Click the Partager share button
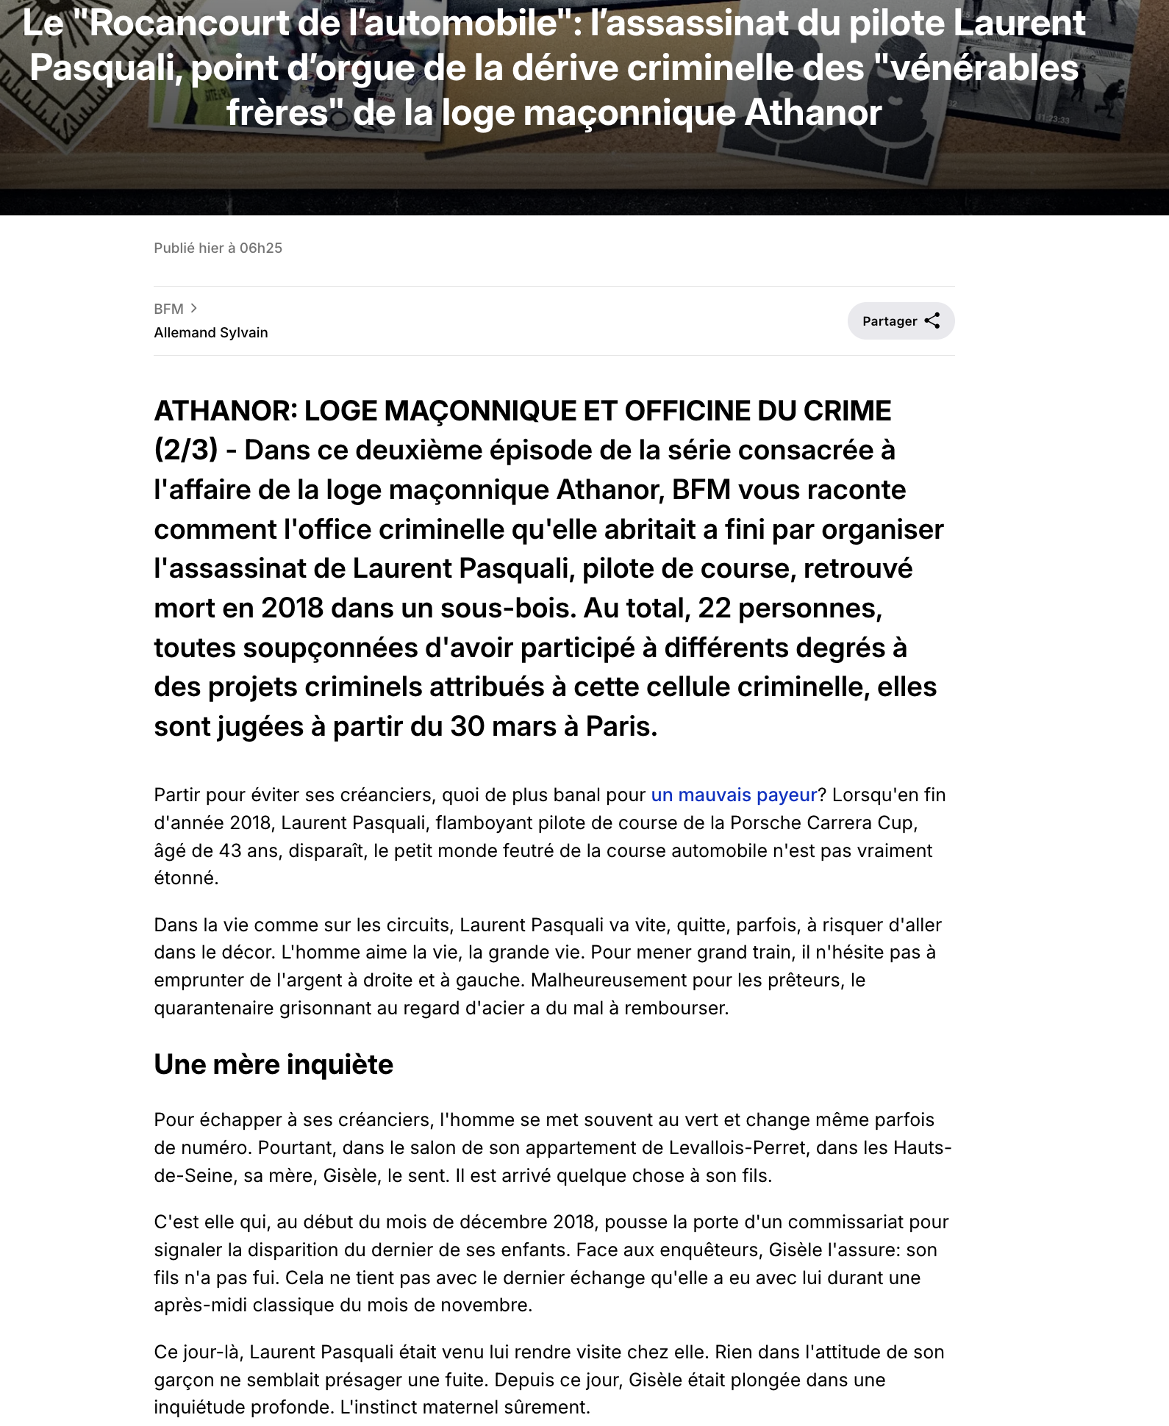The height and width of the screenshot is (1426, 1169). [x=900, y=321]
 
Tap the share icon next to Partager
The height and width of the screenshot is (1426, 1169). [x=932, y=320]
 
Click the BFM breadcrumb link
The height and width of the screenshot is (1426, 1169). [x=168, y=309]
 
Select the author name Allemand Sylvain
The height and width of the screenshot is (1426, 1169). [x=211, y=332]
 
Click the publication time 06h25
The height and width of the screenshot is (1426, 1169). [x=261, y=248]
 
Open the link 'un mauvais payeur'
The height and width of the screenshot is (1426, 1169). [x=734, y=795]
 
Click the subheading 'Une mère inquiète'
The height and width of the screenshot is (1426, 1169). [x=274, y=1064]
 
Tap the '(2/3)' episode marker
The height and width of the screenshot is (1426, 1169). [x=186, y=450]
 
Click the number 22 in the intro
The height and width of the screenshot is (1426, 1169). [x=714, y=608]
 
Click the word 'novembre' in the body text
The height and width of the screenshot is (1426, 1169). [x=492, y=1305]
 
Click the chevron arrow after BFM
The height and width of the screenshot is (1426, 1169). [x=193, y=308]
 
